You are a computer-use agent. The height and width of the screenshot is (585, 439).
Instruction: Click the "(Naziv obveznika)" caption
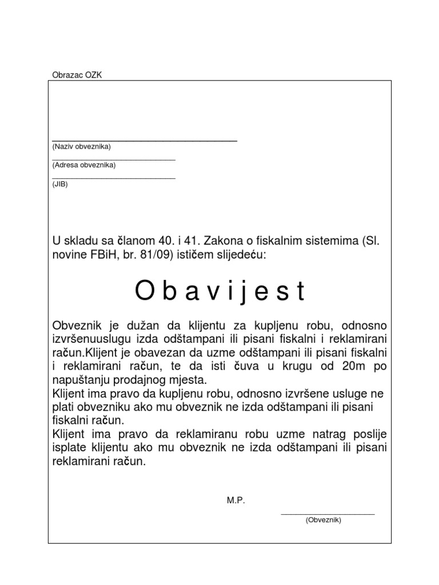[x=81, y=147]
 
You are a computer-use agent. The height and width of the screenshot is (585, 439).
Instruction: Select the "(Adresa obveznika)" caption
[x=83, y=165]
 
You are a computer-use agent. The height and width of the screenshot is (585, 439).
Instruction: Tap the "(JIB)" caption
[x=59, y=183]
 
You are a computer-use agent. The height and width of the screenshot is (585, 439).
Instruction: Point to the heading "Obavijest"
[x=220, y=291]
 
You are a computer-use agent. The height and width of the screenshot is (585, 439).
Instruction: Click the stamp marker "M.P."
[x=236, y=500]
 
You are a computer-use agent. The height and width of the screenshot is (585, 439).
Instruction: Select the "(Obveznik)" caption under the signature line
[x=323, y=520]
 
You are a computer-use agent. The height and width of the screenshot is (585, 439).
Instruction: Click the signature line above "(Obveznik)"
[x=328, y=514]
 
